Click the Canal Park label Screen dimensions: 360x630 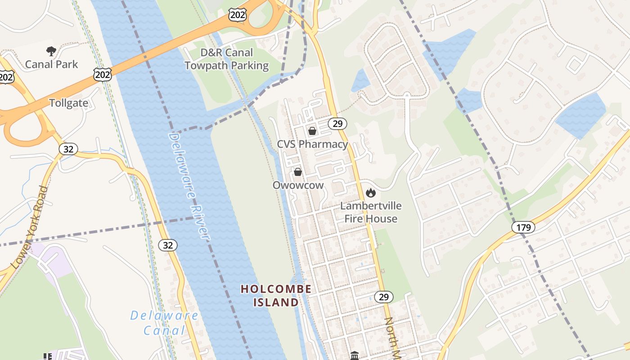tap(51, 64)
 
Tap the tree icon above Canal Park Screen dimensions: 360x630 tap(51, 51)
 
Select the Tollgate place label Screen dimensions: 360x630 tap(68, 103)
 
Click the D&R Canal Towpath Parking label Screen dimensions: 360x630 tap(227, 59)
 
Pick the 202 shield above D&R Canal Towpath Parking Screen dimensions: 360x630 tap(237, 15)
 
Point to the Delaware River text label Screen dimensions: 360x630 tap(189, 185)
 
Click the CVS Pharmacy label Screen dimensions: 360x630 tap(312, 144)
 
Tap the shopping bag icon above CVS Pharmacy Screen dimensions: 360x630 tap(312, 131)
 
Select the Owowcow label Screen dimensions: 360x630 tap(298, 185)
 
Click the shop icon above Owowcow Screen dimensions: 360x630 tap(298, 171)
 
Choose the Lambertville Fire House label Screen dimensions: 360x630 tap(371, 212)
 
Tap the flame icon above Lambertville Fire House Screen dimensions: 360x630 tap(371, 193)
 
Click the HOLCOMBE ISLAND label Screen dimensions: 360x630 tap(276, 295)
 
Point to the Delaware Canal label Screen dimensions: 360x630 tap(164, 323)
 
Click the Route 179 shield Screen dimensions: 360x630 tap(523, 227)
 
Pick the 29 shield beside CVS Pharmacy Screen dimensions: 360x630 tap(337, 123)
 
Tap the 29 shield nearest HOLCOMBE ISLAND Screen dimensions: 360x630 tap(384, 297)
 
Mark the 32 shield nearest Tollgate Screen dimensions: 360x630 tap(68, 149)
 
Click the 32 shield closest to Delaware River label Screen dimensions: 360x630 tap(168, 245)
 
